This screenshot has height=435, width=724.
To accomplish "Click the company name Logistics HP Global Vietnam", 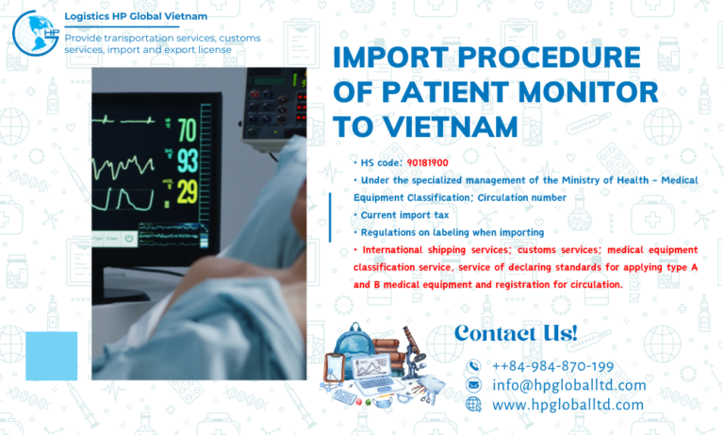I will [136, 16].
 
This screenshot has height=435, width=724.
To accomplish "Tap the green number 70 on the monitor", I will [187, 128].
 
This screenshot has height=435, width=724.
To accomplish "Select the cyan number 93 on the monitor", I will [187, 159].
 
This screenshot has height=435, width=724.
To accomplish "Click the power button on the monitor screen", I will [129, 239].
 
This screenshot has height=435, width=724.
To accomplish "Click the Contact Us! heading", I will [515, 332].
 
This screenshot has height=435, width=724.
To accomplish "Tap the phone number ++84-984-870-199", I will [552, 366].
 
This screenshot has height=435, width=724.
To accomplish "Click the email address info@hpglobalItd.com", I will [568, 385].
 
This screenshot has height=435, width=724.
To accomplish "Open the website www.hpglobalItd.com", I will [568, 404].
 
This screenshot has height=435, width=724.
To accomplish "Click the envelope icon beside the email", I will [473, 385].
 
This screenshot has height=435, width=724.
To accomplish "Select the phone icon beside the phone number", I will [473, 366].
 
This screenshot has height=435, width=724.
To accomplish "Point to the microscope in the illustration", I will [411, 347].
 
